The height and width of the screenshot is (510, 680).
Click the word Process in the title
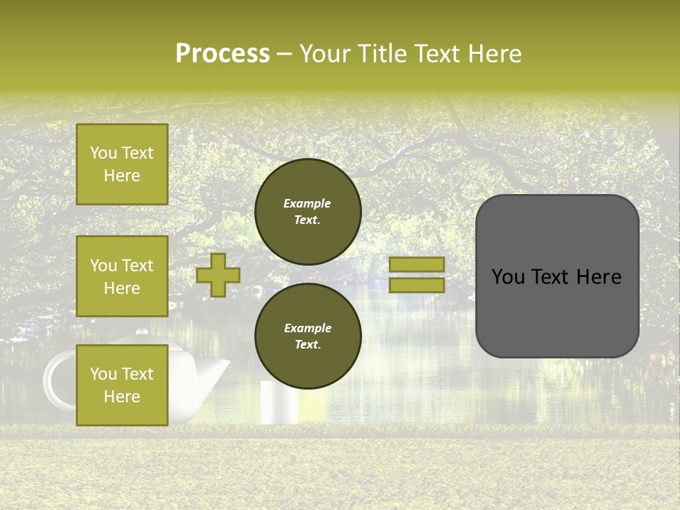click(x=222, y=54)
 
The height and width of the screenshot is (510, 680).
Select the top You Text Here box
click(x=122, y=164)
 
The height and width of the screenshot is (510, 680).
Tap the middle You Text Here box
click(x=122, y=276)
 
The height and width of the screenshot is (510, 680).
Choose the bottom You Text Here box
click(x=122, y=385)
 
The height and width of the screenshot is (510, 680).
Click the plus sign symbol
click(x=218, y=275)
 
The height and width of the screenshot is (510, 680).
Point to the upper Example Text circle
click(x=308, y=211)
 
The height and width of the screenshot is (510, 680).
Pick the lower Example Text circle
click(x=308, y=336)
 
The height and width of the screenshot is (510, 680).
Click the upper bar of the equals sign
click(x=417, y=264)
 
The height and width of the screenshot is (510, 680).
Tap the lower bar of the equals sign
click(x=417, y=285)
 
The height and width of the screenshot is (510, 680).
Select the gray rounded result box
click(x=557, y=276)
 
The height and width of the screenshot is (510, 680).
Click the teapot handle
click(x=57, y=382)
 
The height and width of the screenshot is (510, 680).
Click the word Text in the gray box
click(x=557, y=277)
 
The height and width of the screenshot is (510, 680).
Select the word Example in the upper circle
click(x=307, y=203)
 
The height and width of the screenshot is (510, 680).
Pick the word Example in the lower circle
click(x=307, y=328)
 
